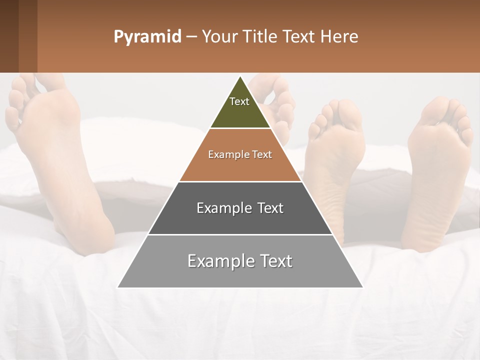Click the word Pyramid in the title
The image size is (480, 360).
(x=147, y=37)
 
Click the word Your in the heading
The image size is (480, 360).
(x=220, y=36)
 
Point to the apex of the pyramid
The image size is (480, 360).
(x=240, y=77)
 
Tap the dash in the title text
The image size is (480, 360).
(x=191, y=37)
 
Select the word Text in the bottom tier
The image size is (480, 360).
(x=272, y=261)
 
